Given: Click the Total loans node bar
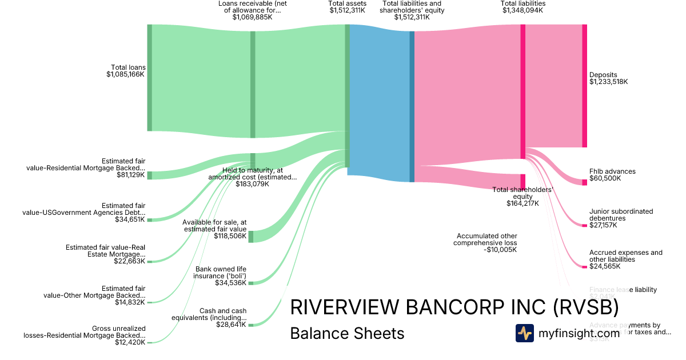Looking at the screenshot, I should click(150, 78).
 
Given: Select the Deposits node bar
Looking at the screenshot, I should click(584, 86).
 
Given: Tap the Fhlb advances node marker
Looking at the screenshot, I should click(584, 182).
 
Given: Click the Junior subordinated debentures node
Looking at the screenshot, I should click(584, 225).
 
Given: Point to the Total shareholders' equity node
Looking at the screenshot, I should click(523, 182).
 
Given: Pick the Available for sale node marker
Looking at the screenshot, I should click(251, 236).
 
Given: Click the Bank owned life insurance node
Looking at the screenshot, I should click(251, 283).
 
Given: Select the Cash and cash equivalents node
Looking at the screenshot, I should click(251, 325).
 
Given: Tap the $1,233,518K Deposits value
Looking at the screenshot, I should click(608, 82).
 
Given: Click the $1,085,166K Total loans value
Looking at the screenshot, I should click(126, 74).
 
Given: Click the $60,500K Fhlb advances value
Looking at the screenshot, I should click(605, 178).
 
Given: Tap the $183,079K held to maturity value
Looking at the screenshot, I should click(252, 184).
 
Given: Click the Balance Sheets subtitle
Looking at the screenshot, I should click(347, 333).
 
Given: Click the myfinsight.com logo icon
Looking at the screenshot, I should click(524, 333).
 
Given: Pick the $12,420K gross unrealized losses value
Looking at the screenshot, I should click(130, 342).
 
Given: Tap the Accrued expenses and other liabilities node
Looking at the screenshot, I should click(584, 267).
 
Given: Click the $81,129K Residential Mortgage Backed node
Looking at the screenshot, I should click(150, 175).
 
